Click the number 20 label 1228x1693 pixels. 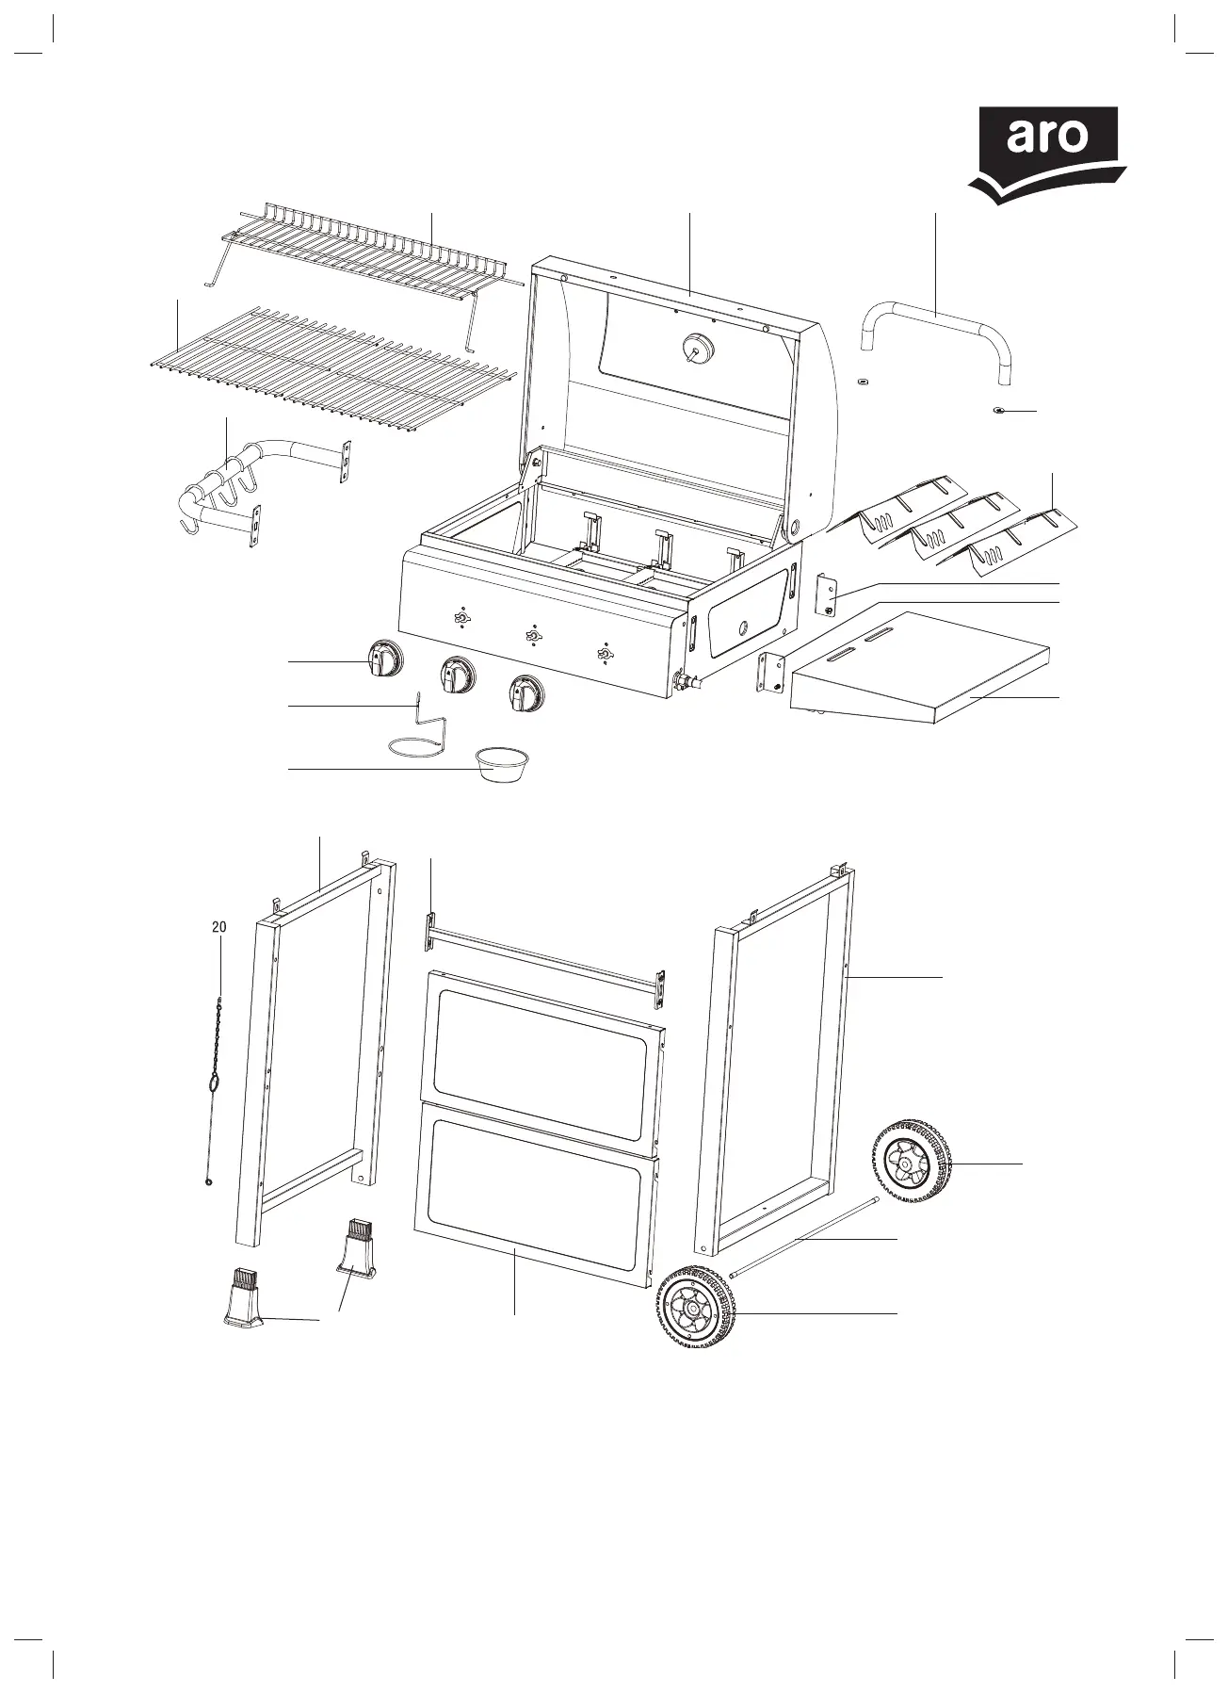point(218,927)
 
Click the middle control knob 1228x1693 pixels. point(457,676)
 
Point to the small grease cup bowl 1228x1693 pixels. point(503,763)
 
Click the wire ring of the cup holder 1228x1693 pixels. point(414,747)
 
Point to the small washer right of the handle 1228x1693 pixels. point(999,411)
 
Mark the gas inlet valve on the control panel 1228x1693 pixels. point(682,679)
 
